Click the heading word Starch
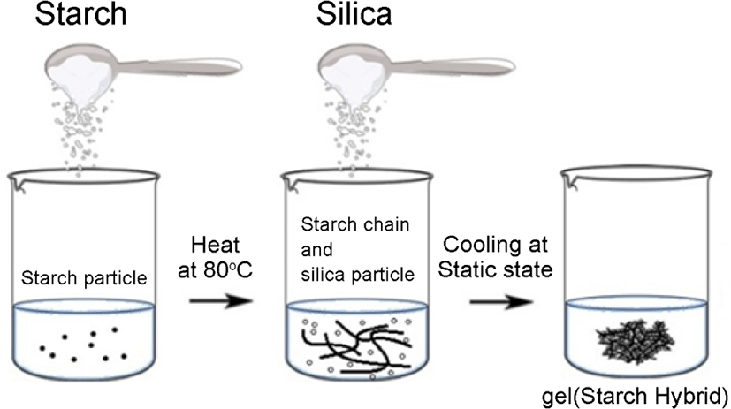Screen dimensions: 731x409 point(80,13)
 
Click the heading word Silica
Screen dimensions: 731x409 point(354,13)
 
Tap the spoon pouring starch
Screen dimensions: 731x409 point(140,70)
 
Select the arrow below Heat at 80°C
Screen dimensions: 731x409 point(220,300)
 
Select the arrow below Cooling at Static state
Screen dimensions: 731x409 point(501,301)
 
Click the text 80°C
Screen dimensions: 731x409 point(228,269)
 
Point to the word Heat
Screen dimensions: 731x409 point(215,245)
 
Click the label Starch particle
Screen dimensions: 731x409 point(84,278)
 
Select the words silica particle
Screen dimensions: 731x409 point(358,275)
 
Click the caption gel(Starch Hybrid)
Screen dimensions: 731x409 point(635,397)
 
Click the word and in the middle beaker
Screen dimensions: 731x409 point(316,250)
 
